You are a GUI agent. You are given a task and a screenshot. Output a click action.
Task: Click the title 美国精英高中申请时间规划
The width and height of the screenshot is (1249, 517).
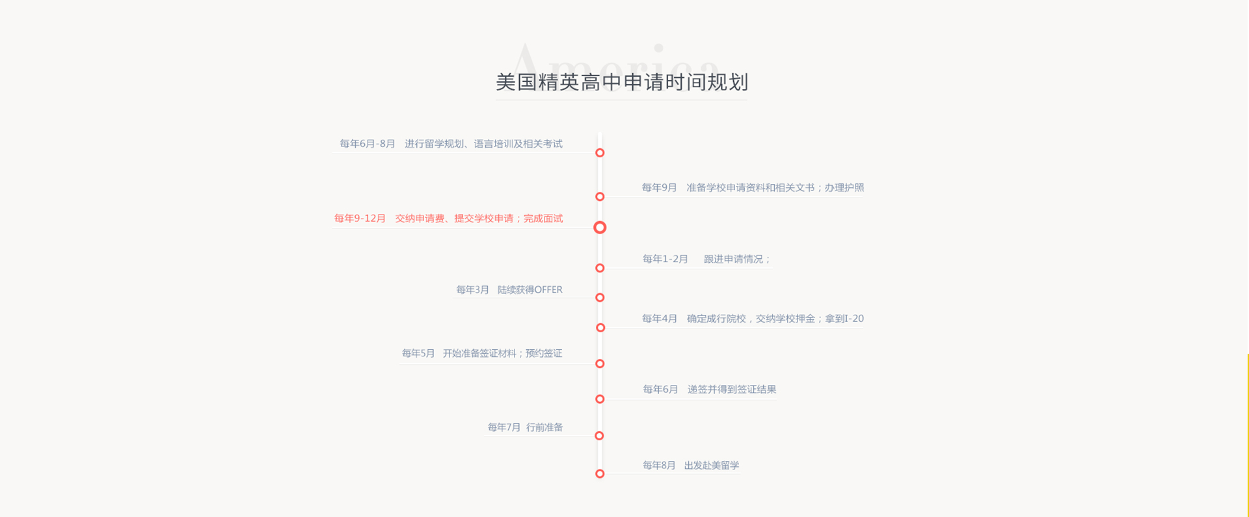[622, 82]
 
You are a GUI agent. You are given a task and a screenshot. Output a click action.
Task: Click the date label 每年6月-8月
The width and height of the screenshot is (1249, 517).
[368, 144]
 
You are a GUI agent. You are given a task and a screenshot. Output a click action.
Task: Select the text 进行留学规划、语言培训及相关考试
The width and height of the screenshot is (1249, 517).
[483, 144]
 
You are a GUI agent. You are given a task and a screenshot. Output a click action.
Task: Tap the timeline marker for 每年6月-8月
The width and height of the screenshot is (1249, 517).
[600, 153]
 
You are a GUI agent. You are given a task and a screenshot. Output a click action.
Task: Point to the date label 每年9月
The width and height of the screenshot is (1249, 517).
[660, 187]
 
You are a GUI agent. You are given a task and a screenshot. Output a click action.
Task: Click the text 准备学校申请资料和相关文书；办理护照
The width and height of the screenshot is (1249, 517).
[775, 187]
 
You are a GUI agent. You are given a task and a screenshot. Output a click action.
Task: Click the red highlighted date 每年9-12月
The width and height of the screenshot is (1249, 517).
[360, 219]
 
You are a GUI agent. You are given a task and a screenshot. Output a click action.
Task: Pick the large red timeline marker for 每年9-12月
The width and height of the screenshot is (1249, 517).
[600, 228]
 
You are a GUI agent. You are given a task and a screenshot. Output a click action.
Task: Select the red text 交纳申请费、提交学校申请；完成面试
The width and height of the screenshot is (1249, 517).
[479, 219]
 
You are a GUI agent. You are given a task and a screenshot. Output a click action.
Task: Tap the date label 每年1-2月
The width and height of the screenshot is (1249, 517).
[665, 259]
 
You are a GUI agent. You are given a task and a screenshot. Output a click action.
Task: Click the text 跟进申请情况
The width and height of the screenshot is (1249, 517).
[733, 259]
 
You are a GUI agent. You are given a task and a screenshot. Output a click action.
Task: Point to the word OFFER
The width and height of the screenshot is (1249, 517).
[548, 290]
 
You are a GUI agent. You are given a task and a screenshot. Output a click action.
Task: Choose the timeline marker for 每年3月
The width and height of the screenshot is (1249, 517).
[600, 298]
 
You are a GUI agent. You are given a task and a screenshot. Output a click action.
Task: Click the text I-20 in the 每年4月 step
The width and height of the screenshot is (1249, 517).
[854, 319]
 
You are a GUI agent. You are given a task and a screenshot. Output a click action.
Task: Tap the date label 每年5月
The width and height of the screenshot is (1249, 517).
[418, 353]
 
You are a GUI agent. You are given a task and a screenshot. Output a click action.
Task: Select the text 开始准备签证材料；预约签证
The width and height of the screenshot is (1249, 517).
[503, 353]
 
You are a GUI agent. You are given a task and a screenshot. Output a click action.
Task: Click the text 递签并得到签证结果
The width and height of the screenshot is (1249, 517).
[732, 390]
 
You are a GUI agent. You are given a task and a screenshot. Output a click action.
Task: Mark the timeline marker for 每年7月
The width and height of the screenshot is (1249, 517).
[599, 436]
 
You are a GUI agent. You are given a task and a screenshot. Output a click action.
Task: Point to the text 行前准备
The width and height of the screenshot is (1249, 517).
[544, 427]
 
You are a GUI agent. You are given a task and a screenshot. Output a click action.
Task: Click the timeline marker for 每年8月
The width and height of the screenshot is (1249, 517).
[600, 474]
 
